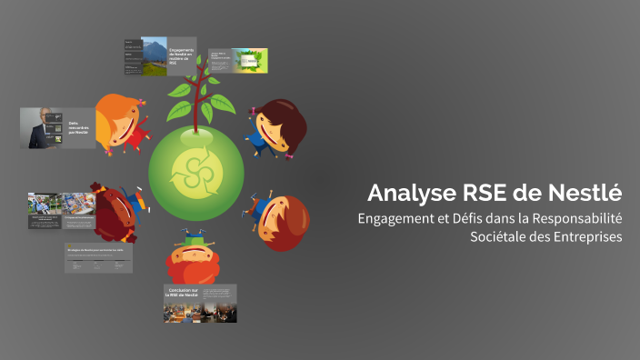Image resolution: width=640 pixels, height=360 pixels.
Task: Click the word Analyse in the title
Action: tap(401, 194)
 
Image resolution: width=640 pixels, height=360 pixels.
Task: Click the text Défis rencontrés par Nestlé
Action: tap(81, 127)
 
